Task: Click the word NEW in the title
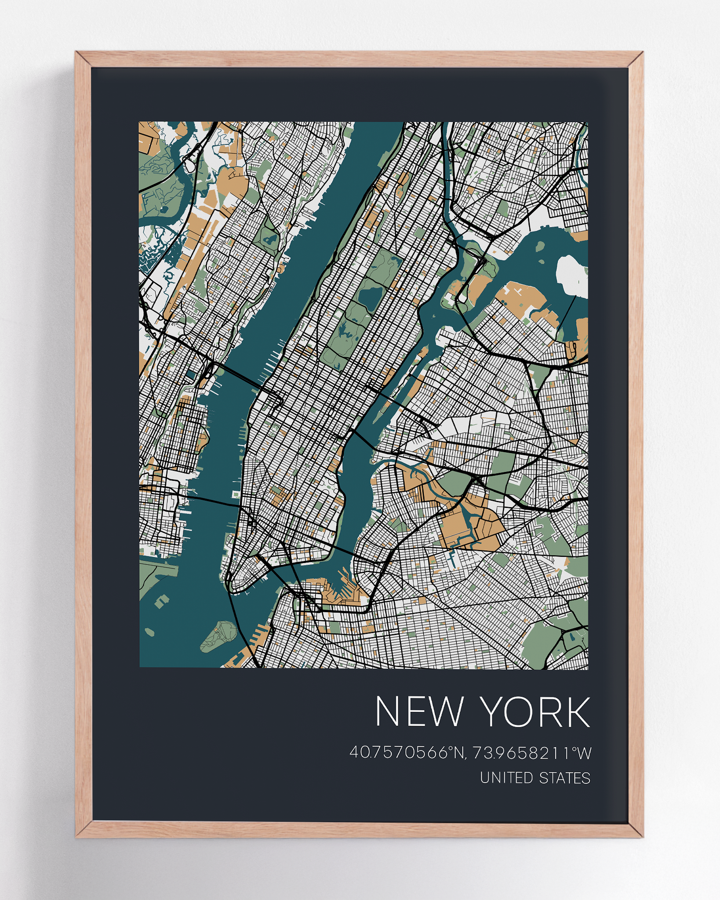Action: click(419, 712)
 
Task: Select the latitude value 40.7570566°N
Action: click(407, 753)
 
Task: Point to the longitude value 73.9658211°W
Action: click(532, 753)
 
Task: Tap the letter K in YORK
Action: click(576, 712)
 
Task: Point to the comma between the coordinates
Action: click(467, 758)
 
